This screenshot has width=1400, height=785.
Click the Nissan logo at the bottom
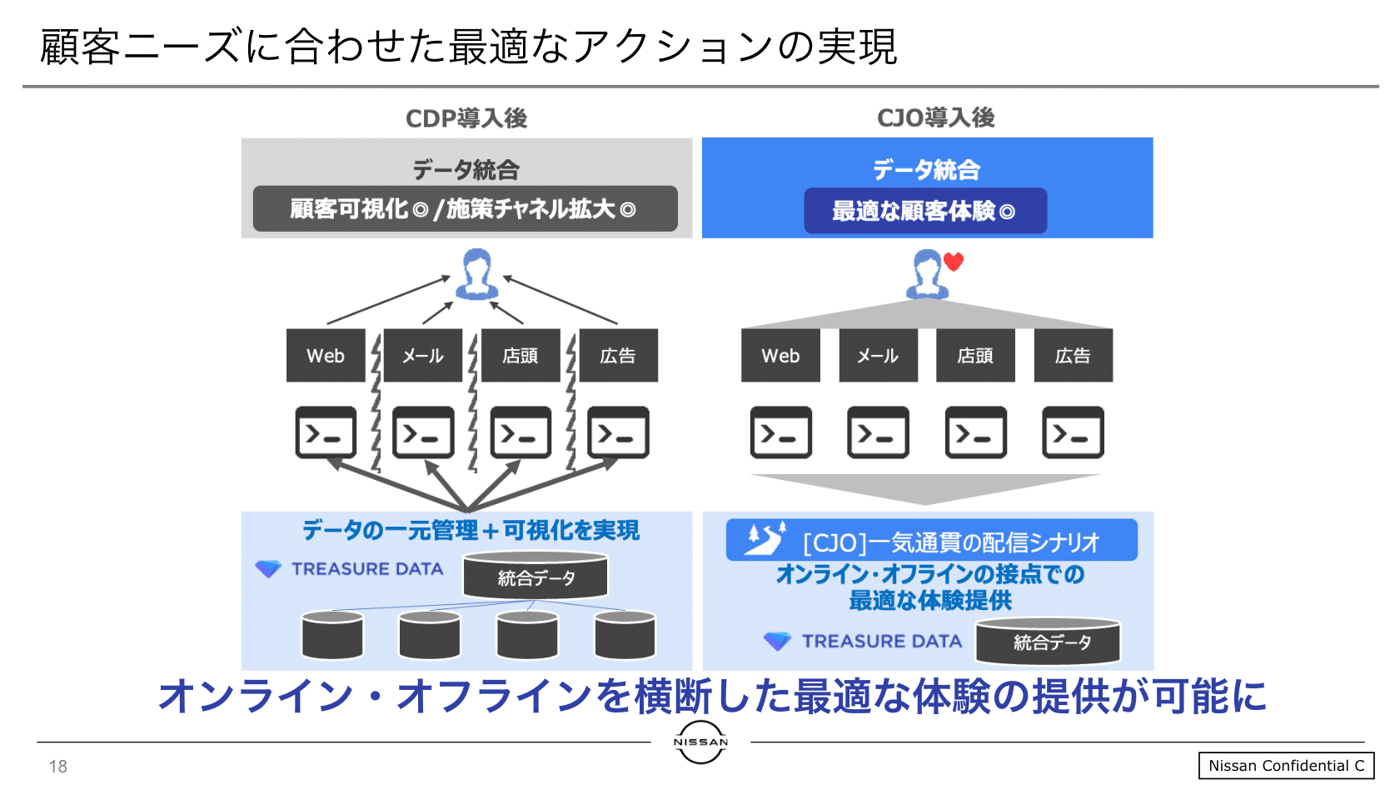pos(700,742)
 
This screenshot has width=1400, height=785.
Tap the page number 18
pos(57,767)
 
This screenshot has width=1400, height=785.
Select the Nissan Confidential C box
pos(1286,766)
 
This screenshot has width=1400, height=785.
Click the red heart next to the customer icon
pos(954,262)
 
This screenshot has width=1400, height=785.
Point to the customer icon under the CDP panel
pos(476,274)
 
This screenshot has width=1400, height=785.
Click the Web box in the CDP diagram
pos(326,356)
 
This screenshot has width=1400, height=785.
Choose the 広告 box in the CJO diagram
pos(1073,356)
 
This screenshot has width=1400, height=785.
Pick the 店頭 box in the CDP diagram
pos(521,356)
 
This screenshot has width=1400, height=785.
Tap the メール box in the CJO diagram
pos(878,356)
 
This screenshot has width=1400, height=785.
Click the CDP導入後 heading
pos(466,118)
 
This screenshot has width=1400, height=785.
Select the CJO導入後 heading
pos(936,117)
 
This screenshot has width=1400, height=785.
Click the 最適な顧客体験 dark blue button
pos(924,211)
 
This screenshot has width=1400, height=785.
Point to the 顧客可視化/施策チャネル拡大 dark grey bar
pos(465,208)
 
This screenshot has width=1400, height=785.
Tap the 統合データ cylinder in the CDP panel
pos(536,577)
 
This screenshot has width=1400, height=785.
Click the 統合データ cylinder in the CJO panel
pos(1048,642)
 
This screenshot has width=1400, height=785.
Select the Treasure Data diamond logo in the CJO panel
pos(777,641)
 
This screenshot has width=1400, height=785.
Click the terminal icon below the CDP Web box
pos(326,432)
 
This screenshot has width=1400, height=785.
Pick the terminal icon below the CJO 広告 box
pos(1073,432)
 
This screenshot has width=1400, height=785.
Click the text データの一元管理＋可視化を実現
pos(471,530)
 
